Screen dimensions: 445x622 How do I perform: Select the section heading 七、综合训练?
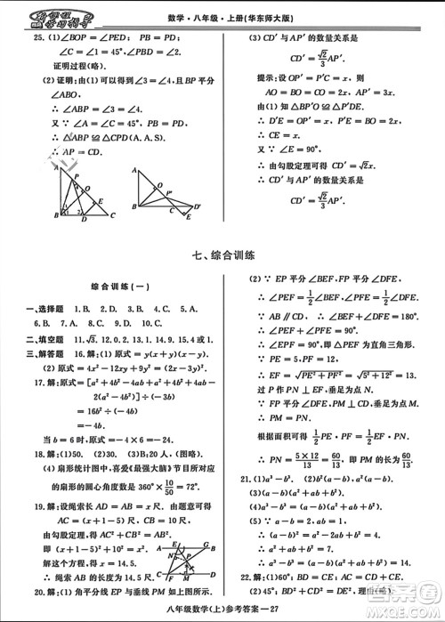pyautogui.click(x=222, y=256)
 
